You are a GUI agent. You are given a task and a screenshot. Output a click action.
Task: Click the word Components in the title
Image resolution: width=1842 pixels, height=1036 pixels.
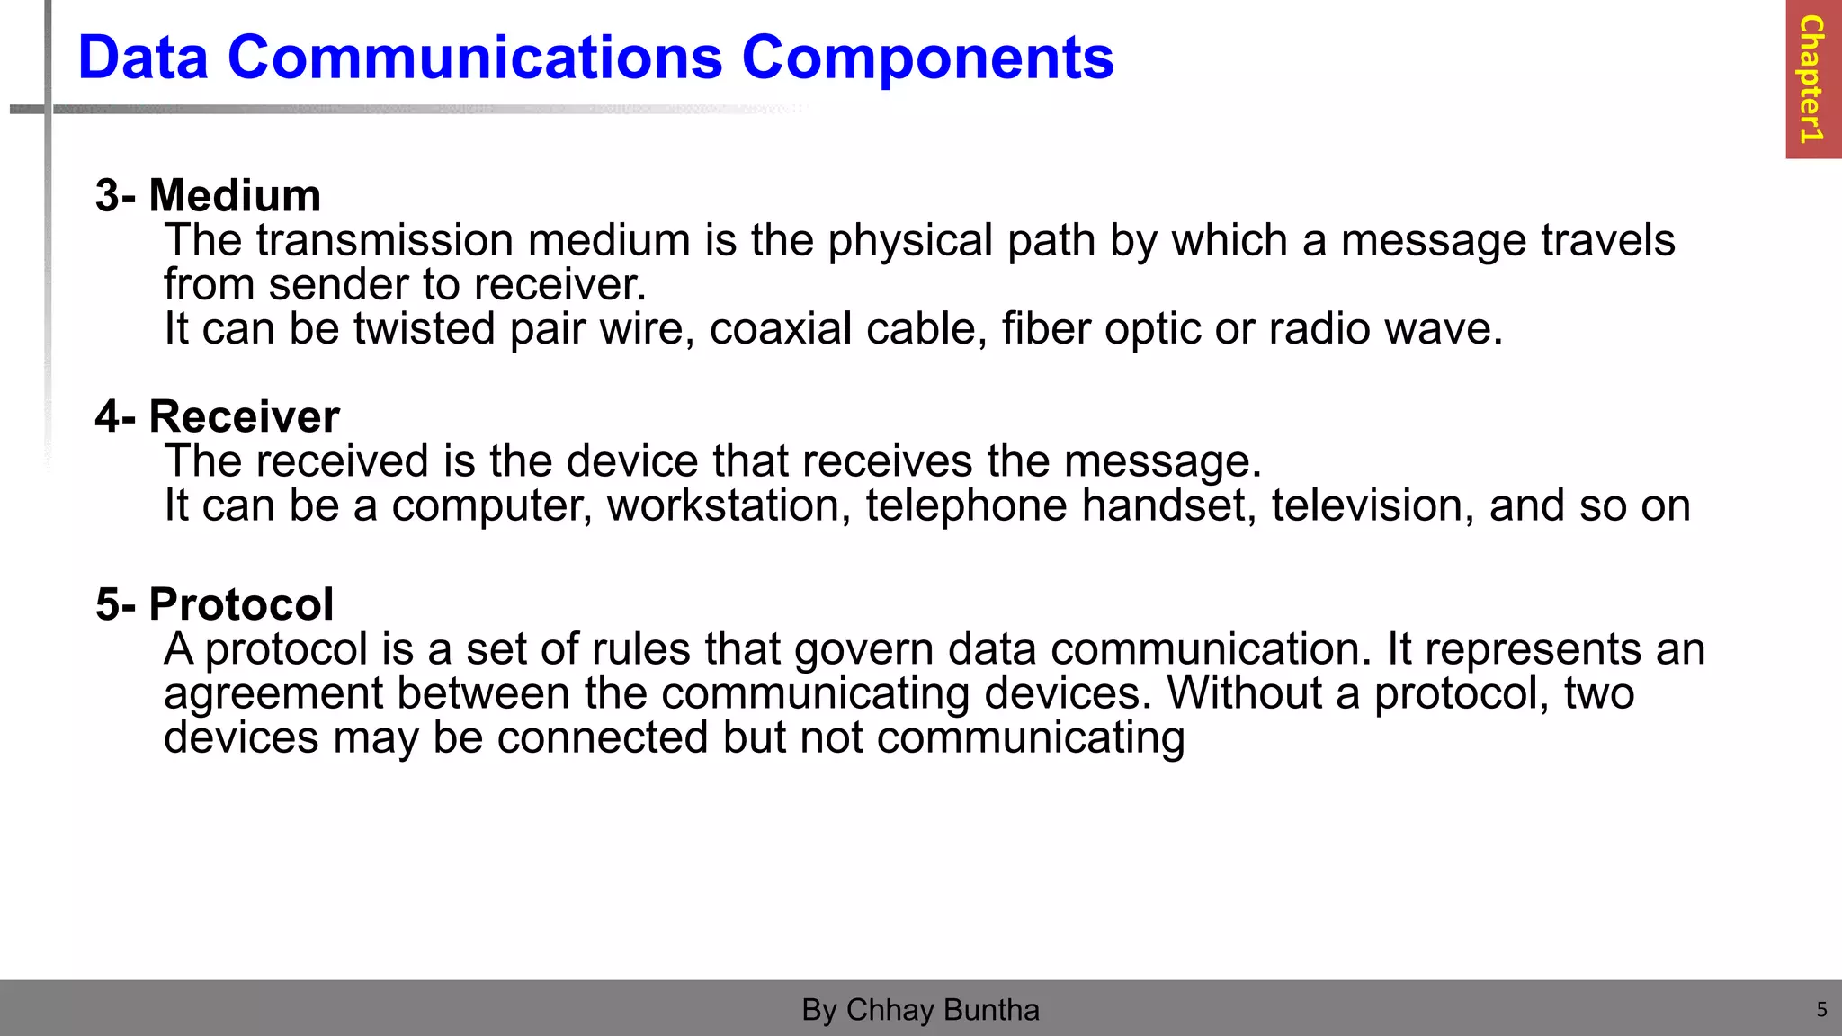(x=927, y=58)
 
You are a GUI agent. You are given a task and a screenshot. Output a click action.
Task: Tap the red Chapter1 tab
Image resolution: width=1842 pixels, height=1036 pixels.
(x=1812, y=79)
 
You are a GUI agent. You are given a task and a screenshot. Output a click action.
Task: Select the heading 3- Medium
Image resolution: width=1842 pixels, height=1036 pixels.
(x=208, y=195)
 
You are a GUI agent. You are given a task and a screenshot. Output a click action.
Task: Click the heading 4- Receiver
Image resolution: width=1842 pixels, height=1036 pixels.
(x=218, y=416)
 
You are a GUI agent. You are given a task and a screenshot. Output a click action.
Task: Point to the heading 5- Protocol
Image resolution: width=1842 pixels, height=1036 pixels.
(x=214, y=603)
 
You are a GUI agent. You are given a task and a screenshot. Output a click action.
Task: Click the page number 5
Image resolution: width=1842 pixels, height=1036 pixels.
(x=1821, y=1010)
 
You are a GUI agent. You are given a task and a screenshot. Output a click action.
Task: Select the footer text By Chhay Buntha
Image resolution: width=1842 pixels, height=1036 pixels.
(x=920, y=1010)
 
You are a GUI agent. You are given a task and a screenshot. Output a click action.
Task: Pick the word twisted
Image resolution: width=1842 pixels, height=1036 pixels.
(x=424, y=328)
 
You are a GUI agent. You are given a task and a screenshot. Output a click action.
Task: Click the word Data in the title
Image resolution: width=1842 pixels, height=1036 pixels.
(x=143, y=58)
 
